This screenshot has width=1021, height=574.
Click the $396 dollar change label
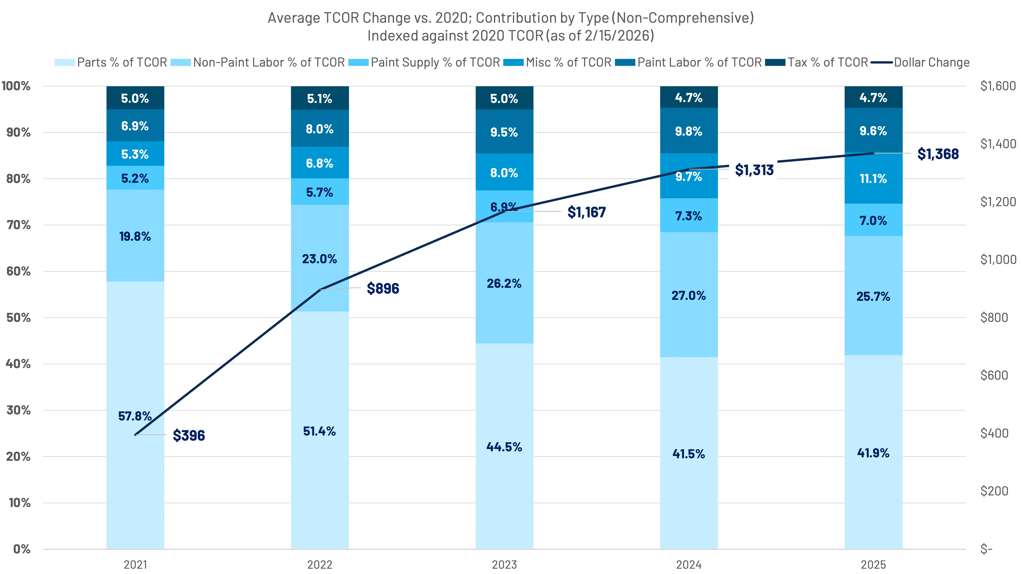tap(189, 435)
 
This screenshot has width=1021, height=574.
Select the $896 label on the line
tap(382, 288)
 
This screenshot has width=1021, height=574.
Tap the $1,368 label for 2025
tap(938, 154)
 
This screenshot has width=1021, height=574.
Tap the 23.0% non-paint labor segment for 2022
tap(320, 259)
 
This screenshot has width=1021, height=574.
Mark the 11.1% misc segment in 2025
tap(873, 179)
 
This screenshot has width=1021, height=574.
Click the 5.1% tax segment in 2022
tap(320, 98)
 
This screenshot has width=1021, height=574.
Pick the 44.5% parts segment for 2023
tap(504, 447)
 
